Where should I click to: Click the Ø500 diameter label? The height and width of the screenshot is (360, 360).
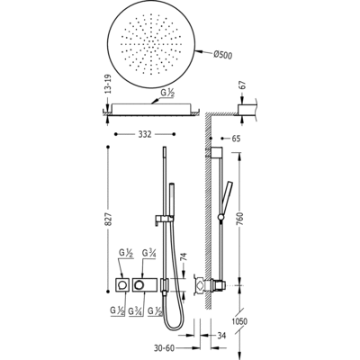[222, 55]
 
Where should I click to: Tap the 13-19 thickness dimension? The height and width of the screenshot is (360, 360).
[109, 85]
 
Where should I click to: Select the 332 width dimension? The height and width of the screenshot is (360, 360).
[145, 135]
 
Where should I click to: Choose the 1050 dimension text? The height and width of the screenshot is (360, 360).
[239, 322]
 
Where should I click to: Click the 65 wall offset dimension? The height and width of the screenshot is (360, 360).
[236, 139]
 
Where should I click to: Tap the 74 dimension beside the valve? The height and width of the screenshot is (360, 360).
[184, 258]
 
